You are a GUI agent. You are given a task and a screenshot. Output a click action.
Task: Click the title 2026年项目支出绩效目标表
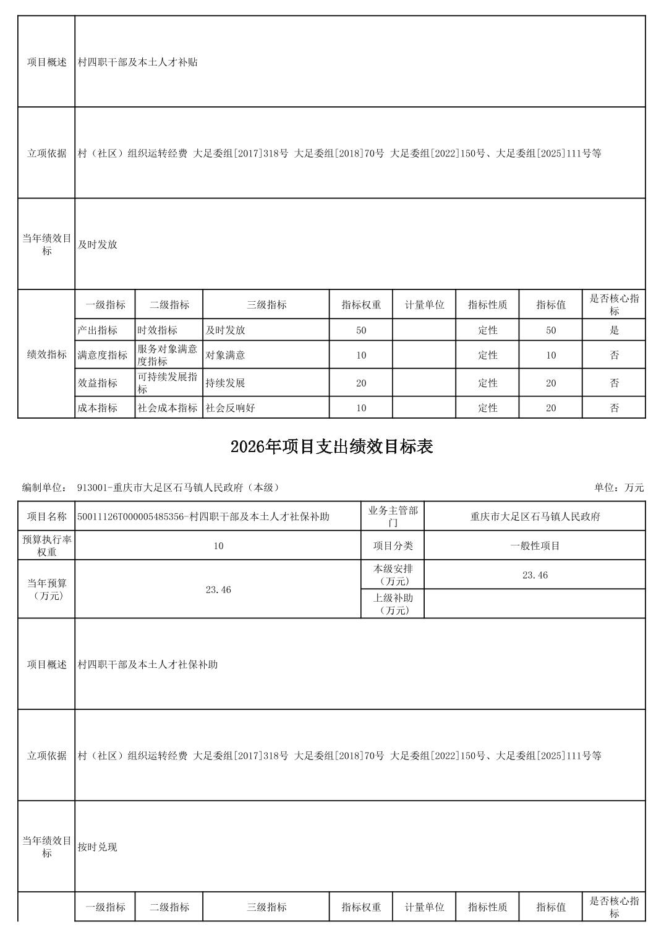coord(331,447)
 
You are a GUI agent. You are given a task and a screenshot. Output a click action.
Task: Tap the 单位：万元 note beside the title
coord(619,488)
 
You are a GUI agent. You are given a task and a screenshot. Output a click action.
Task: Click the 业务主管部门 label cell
coord(393,517)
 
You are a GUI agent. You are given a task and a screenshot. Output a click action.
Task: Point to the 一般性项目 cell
coord(535,546)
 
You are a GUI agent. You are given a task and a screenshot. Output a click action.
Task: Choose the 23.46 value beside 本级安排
coord(535,575)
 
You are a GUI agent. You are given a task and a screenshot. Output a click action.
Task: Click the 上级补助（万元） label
coord(393,604)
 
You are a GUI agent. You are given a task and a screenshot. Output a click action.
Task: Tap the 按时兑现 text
coord(98,847)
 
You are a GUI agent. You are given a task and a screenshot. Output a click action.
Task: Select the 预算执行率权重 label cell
coord(47,546)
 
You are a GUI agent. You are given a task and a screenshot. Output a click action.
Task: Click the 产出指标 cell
coord(98,330)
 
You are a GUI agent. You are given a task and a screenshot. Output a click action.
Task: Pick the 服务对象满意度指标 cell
coord(168,355)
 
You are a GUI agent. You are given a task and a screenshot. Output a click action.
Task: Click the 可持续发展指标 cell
coord(168,383)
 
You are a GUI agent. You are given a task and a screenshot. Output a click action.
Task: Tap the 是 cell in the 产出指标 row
coord(614,330)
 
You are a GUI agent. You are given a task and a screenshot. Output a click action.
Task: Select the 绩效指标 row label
coord(47,354)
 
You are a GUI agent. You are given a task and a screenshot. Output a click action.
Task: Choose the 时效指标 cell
coord(158,330)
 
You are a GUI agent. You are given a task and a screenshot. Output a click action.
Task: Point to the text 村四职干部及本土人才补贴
coord(138,62)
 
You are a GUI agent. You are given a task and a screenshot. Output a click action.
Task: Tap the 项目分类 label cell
coord(393,546)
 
